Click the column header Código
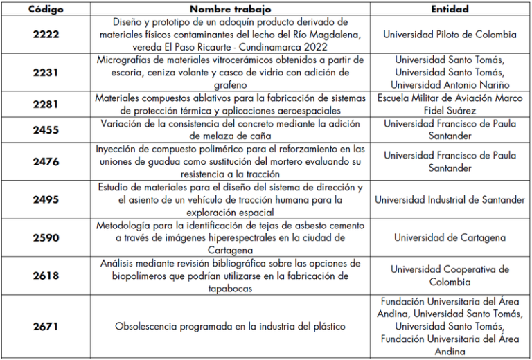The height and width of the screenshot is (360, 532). tap(46, 9)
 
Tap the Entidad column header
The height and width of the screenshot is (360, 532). tap(450, 9)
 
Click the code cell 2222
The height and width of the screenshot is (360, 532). tap(46, 35)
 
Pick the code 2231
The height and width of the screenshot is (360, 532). tap(46, 73)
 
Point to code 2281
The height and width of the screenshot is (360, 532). tap(46, 105)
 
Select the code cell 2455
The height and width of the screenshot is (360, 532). tap(46, 129)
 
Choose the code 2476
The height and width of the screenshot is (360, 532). tap(46, 161)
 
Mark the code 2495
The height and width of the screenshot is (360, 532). tap(46, 199)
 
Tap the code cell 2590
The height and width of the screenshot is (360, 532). tap(46, 237)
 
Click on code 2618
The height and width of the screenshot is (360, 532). tap(46, 276)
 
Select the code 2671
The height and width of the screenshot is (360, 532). tap(46, 326)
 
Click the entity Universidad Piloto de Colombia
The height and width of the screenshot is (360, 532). tap(450, 35)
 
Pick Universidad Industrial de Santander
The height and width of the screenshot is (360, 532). tap(450, 199)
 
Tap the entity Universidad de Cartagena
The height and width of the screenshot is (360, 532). tap(450, 237)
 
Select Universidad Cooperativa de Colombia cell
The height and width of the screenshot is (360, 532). tap(450, 276)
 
